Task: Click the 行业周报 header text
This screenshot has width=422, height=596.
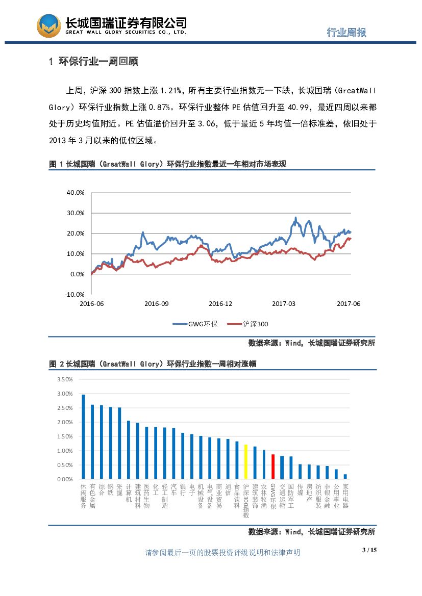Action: (346, 32)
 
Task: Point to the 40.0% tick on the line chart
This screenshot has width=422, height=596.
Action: (75, 193)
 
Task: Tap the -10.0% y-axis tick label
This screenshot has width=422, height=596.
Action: (75, 294)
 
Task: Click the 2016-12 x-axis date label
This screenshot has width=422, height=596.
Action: (220, 303)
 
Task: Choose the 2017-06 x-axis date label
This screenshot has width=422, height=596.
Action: (349, 303)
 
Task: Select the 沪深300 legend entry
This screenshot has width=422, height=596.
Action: (248, 324)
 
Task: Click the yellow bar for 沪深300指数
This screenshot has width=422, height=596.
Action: (245, 462)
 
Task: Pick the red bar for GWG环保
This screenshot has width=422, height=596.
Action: (272, 467)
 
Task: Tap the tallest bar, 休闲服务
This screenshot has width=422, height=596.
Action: (83, 437)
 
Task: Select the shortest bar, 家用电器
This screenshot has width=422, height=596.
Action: (345, 477)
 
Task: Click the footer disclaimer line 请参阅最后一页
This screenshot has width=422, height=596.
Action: (222, 553)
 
